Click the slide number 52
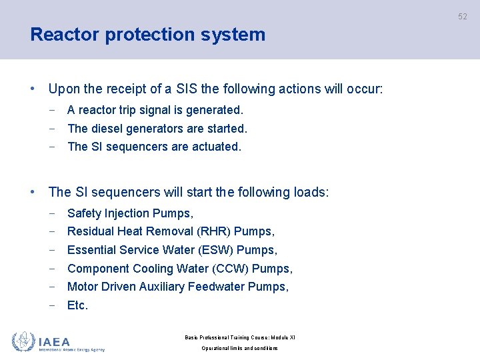click(x=463, y=17)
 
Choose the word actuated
click(x=217, y=147)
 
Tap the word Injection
click(x=126, y=213)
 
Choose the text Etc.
click(x=77, y=305)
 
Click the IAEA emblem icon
click(x=23, y=341)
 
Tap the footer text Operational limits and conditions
click(x=240, y=348)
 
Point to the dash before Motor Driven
click(x=52, y=287)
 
